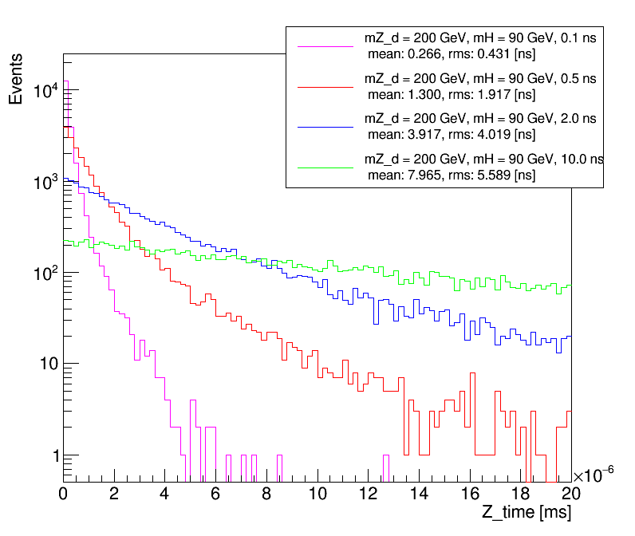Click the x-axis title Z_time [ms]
(x=526, y=513)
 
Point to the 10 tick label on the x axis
(x=317, y=494)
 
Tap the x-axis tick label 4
(x=165, y=494)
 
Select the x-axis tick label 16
(x=470, y=494)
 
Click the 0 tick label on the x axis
(x=64, y=494)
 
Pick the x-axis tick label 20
(x=570, y=494)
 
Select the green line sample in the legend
(x=325, y=167)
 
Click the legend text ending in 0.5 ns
(x=480, y=79)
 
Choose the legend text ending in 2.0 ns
(x=480, y=119)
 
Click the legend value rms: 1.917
(x=487, y=94)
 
